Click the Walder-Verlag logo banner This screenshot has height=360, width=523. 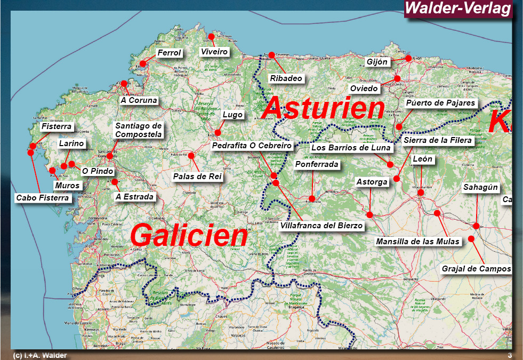pos(458,9)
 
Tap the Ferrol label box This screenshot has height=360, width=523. pos(170,53)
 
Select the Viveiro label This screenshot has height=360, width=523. pos(214,52)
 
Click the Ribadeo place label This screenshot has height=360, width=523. pos(286,78)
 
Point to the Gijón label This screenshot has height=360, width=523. pos(377,62)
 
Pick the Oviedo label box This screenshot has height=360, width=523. pos(364,88)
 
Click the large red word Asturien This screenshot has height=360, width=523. pos(325,108)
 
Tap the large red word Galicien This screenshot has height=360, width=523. pos(189,235)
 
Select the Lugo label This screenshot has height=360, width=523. pos(232,115)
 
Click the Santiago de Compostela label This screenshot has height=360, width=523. pos(138,130)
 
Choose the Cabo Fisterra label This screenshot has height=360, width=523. pos(43,198)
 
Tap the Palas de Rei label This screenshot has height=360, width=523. pos(198,177)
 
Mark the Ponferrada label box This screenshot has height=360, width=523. pos(317,165)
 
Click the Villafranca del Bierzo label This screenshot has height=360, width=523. pos(321,226)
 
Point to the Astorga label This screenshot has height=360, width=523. pos(372,182)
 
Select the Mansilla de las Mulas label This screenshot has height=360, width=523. pos(417,242)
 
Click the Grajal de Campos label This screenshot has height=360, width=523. pos(476,269)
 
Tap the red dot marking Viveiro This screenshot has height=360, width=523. pos(211,37)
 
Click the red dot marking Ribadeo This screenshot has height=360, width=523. pos(271,55)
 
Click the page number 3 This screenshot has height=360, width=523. pos(509,355)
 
